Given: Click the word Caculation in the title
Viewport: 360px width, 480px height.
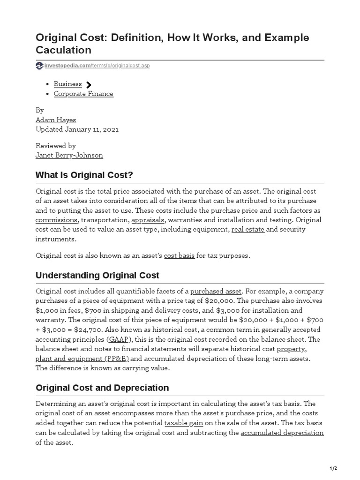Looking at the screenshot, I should [x=63, y=50].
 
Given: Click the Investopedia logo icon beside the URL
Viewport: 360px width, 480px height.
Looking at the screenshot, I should [x=39, y=66].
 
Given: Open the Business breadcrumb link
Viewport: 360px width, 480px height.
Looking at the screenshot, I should [x=67, y=84].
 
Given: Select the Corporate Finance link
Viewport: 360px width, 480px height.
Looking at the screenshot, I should [x=83, y=94].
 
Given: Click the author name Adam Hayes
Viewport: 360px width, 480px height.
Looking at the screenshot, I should [x=56, y=120].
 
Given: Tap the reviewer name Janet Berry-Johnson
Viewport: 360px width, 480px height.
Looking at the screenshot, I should [x=69, y=155].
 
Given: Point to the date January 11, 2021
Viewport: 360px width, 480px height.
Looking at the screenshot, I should [x=91, y=129].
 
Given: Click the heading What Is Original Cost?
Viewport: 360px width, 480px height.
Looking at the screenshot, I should [x=84, y=175].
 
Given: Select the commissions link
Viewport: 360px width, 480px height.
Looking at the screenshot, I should [x=56, y=220].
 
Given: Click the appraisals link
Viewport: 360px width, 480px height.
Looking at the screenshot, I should [x=148, y=220].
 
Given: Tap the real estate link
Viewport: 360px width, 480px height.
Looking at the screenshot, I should [x=247, y=229].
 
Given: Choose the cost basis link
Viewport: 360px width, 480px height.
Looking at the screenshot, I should [x=179, y=255].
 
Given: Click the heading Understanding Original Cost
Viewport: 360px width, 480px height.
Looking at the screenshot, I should [x=97, y=275].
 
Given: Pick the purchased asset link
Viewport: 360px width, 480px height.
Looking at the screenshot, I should [x=216, y=291].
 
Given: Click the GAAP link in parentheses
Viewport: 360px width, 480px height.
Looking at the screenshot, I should [x=119, y=339].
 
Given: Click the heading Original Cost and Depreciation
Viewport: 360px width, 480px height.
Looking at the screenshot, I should [x=102, y=388].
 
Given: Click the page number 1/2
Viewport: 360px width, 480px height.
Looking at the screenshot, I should [x=333, y=468].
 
